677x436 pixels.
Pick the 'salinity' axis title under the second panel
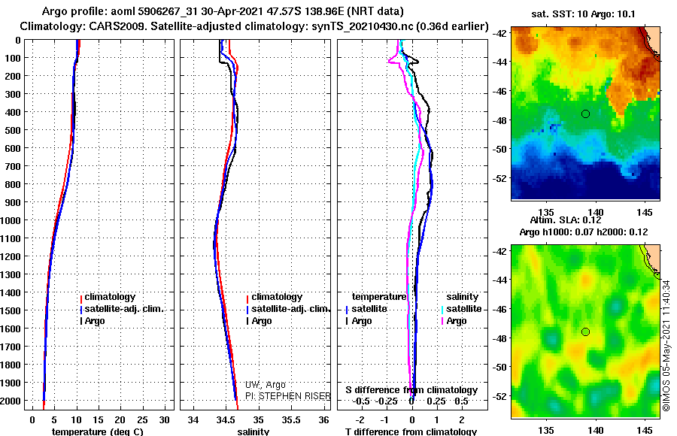pyautogui.click(x=253, y=431)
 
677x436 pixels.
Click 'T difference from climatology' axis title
pyautogui.click(x=411, y=431)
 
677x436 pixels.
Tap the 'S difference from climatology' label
pyautogui.click(x=411, y=390)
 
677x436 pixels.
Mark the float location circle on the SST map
pyautogui.click(x=585, y=114)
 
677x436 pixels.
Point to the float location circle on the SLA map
pyautogui.click(x=585, y=332)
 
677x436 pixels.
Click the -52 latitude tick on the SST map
pyautogui.click(x=502, y=178)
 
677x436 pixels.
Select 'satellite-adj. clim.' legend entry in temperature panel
pyautogui.click(x=123, y=309)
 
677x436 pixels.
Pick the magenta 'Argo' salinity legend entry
pyautogui.click(x=457, y=321)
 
